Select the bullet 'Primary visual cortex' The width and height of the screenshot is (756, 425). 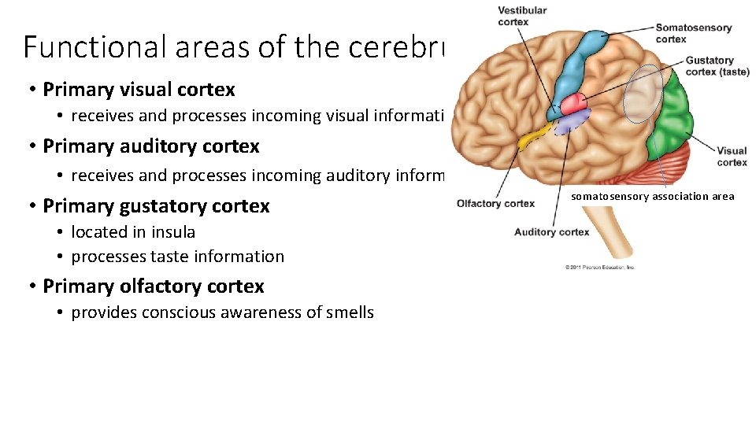click(x=139, y=90)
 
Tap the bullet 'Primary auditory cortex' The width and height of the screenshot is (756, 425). click(x=150, y=146)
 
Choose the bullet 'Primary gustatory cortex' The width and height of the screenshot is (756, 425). click(x=156, y=206)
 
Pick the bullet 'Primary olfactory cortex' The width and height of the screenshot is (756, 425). click(x=154, y=286)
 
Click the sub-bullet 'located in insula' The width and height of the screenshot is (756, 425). click(x=133, y=232)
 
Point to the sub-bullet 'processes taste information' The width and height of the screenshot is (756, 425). click(x=177, y=257)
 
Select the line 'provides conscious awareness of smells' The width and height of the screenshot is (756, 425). click(x=222, y=312)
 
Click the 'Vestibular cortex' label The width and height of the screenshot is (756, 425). click(x=521, y=16)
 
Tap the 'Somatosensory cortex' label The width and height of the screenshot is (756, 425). click(x=693, y=33)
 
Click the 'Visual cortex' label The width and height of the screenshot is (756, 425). click(x=732, y=157)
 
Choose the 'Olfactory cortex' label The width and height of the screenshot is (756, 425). click(x=495, y=204)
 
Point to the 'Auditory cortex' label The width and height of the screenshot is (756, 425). click(x=551, y=232)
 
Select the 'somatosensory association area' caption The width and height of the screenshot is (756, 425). click(x=652, y=197)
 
